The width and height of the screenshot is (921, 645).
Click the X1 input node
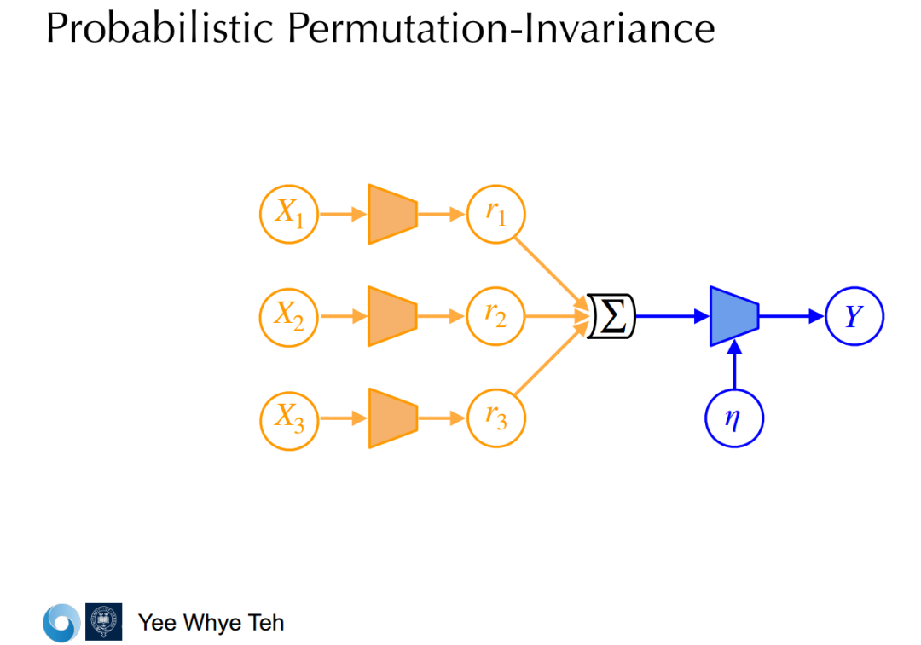click(x=289, y=214)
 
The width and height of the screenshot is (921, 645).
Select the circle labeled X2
click(x=289, y=316)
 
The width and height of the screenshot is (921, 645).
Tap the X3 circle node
click(x=289, y=418)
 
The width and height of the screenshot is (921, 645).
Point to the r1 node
click(x=496, y=214)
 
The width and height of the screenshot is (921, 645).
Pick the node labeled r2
click(x=496, y=316)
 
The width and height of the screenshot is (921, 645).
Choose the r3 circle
click(x=496, y=418)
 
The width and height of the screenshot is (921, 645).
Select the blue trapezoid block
click(x=733, y=316)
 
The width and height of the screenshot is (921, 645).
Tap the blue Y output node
click(x=854, y=316)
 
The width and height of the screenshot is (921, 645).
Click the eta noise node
click(x=733, y=418)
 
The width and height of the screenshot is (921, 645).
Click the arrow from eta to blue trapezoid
click(x=733, y=366)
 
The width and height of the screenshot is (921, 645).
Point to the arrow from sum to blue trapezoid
click(x=673, y=316)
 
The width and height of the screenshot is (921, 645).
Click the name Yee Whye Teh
click(x=211, y=623)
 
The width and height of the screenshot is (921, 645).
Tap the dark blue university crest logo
click(x=103, y=622)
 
